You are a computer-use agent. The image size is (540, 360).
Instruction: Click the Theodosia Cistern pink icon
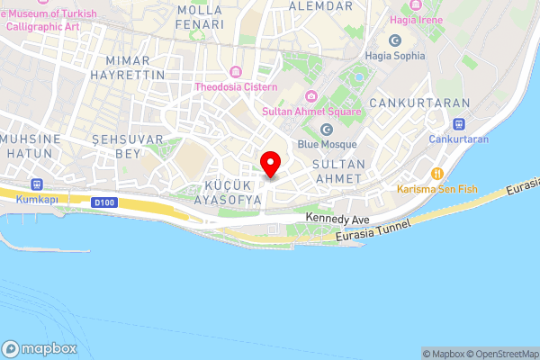(x=237, y=72)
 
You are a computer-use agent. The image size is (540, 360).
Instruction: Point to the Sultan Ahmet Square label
(x=311, y=112)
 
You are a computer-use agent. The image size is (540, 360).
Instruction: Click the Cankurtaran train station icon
(x=459, y=124)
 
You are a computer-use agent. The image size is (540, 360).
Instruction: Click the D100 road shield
(x=103, y=203)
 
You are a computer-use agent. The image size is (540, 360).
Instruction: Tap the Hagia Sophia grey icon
(x=394, y=40)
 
